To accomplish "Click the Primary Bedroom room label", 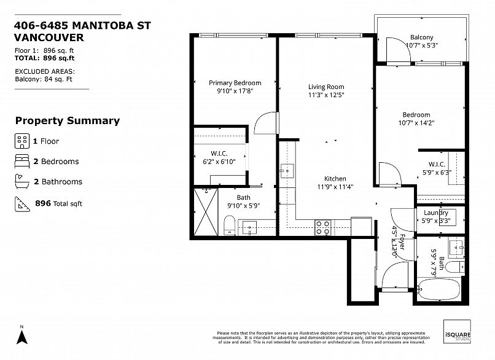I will [x=235, y=83].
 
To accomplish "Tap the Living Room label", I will [x=326, y=87].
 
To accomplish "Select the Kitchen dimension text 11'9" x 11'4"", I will [x=335, y=187].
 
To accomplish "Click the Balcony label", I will [x=421, y=37].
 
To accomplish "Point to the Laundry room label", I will [x=436, y=213].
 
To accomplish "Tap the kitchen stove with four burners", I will [x=323, y=227].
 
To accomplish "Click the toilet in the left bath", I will [x=228, y=225].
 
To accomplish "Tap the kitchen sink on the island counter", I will [x=287, y=170].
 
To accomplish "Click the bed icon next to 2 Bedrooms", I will [x=21, y=162].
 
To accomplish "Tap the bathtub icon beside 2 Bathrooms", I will [x=21, y=182].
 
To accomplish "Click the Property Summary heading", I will [x=68, y=121].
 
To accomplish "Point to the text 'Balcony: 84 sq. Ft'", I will [x=44, y=79].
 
